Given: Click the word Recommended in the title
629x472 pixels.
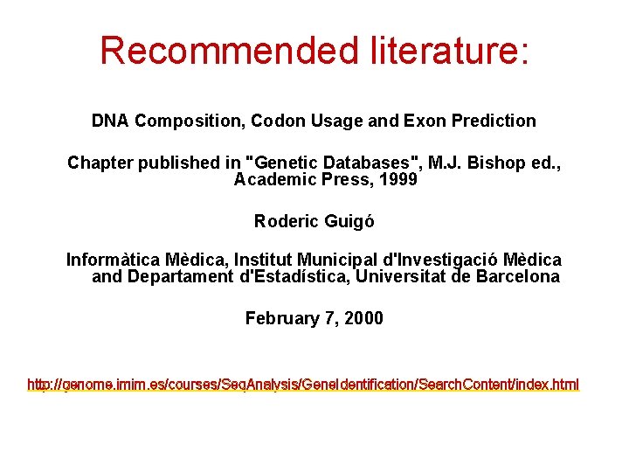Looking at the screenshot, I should click(x=222, y=51).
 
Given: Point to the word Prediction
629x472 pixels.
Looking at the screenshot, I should click(x=493, y=121).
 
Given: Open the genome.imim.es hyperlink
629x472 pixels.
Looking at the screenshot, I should click(x=303, y=385).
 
